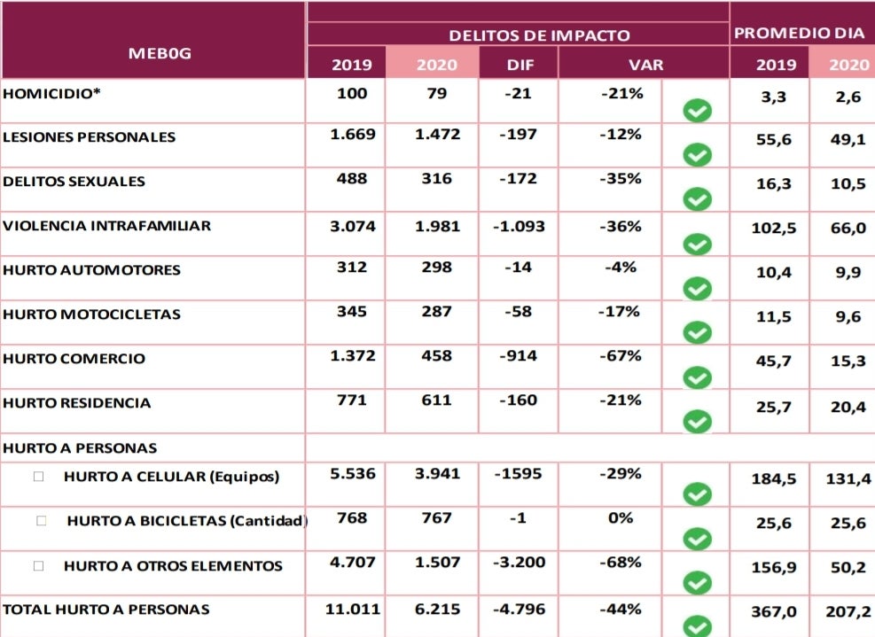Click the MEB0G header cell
[x=160, y=53]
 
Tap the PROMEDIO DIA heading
[x=800, y=34]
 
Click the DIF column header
[x=520, y=65]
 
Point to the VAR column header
[x=645, y=65]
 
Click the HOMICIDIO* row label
[x=52, y=93]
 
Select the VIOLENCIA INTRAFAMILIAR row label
[x=107, y=226]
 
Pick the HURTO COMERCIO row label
[x=74, y=359]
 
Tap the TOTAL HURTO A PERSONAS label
[x=106, y=610]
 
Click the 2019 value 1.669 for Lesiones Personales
[x=353, y=135]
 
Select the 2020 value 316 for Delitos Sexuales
[x=436, y=179]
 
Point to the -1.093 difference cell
[x=519, y=227]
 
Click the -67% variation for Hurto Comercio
[x=621, y=356]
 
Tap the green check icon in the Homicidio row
[x=698, y=112]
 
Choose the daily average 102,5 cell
[x=776, y=228]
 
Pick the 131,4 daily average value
[x=848, y=478]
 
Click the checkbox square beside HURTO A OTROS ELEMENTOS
[x=38, y=565]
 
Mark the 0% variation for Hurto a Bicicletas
[x=621, y=518]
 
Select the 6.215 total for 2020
[x=438, y=610]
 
